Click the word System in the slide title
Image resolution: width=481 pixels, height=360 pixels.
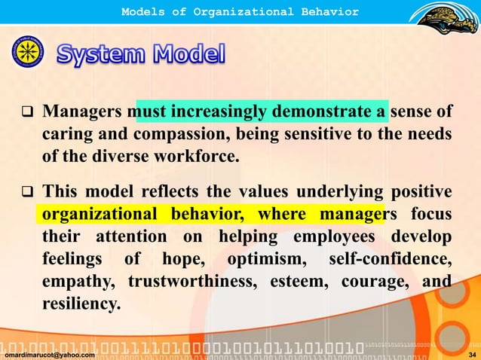click(102, 55)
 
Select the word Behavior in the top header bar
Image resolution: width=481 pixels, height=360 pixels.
click(326, 11)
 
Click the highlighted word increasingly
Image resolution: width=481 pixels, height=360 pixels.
click(218, 112)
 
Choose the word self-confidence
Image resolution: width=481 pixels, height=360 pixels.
click(390, 259)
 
